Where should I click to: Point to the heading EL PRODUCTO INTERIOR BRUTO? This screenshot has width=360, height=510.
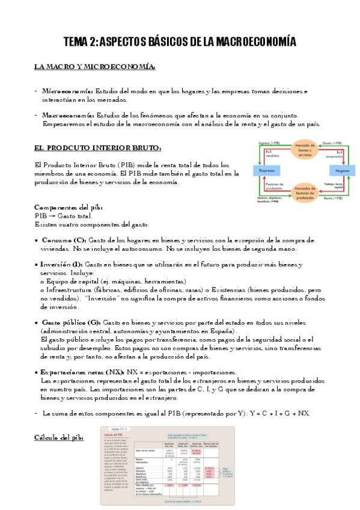(97, 147)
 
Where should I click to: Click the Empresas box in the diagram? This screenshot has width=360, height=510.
(267, 171)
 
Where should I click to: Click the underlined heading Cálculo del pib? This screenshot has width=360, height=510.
(59, 438)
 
